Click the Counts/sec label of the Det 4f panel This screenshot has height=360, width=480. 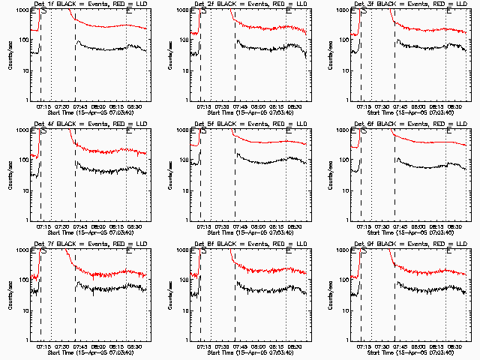[x=10, y=173]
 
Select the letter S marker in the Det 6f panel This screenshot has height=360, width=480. [x=364, y=129]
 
